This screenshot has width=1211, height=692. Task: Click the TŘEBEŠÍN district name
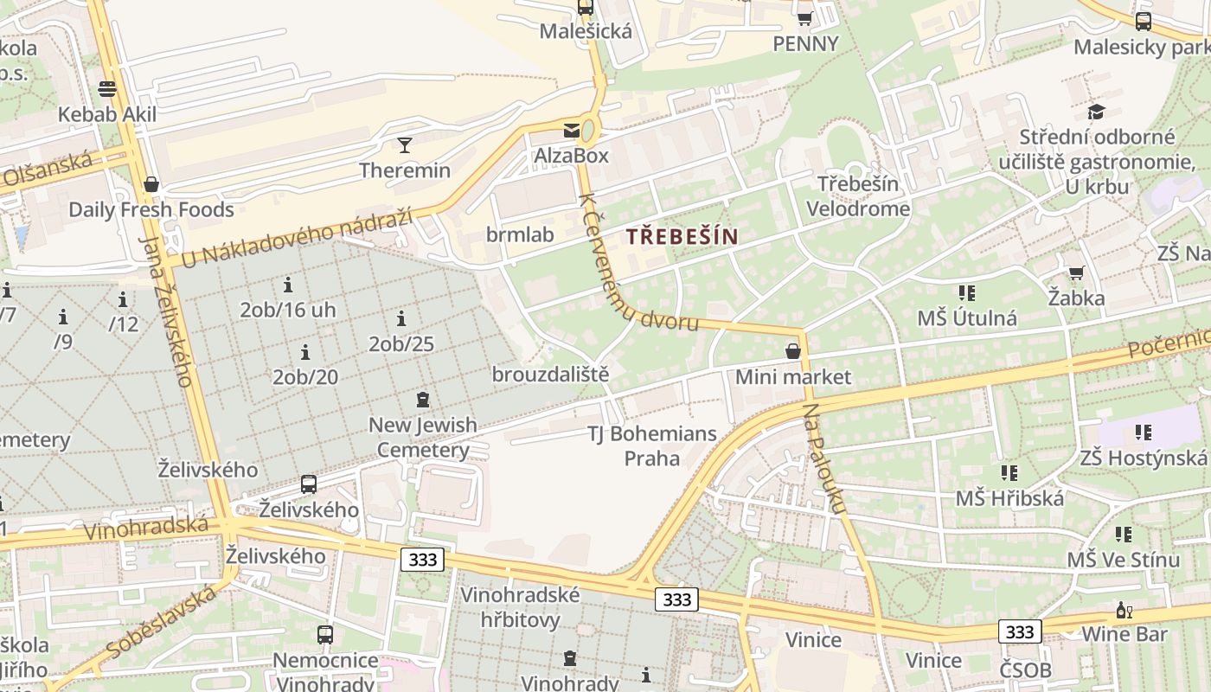click(682, 236)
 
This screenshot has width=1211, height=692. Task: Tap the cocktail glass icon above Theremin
click(405, 144)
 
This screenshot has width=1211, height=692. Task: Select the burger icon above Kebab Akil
click(107, 88)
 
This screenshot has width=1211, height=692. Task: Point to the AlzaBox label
click(571, 156)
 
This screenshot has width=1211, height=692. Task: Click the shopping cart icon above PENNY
click(804, 17)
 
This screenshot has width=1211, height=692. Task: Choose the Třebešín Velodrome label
click(858, 196)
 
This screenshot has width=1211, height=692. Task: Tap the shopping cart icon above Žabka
click(1076, 272)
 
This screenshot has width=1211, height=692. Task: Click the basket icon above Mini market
click(792, 351)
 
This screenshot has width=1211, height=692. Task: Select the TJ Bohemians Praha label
click(652, 445)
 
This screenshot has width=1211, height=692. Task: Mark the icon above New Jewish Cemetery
click(423, 400)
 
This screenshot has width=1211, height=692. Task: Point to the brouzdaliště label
click(550, 375)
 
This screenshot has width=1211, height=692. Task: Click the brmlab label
click(520, 234)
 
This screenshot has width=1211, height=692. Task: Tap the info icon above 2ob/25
click(400, 318)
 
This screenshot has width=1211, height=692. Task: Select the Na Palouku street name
click(825, 458)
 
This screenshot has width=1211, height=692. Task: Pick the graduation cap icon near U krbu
click(1097, 112)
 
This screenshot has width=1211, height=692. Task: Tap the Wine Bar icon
click(1124, 610)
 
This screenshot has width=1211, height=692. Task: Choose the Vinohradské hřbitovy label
click(521, 607)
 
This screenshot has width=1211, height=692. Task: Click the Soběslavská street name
click(162, 621)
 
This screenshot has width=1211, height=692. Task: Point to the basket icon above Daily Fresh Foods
click(151, 184)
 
